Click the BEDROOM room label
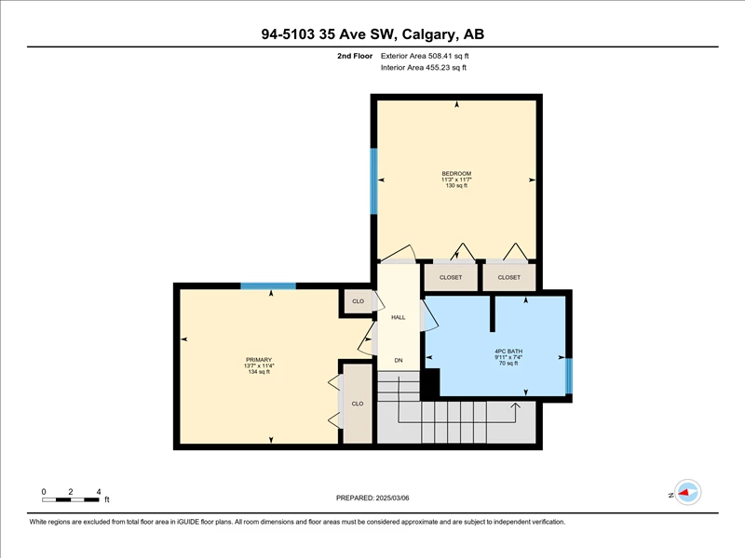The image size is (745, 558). pyautogui.click(x=456, y=174)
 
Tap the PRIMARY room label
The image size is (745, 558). pyautogui.click(x=259, y=360)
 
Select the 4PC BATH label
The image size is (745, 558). pyautogui.click(x=508, y=352)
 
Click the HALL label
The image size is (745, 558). pyautogui.click(x=399, y=317)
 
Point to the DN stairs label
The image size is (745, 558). pyautogui.click(x=399, y=360)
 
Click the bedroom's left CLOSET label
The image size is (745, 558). pyautogui.click(x=451, y=277)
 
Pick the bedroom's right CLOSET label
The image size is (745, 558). pyautogui.click(x=508, y=277)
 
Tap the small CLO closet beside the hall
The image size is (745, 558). pyautogui.click(x=358, y=301)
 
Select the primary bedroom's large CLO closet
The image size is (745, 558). pyautogui.click(x=358, y=404)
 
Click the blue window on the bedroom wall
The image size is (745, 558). pyautogui.click(x=374, y=181)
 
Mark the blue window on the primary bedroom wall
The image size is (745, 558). pyautogui.click(x=268, y=286)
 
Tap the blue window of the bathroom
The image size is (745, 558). pyautogui.click(x=569, y=377)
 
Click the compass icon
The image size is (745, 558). pyautogui.click(x=687, y=492)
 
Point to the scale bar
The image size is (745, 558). pyautogui.click(x=71, y=499)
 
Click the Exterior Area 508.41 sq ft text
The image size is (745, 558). pyautogui.click(x=425, y=56)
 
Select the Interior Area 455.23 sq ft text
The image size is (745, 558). pyautogui.click(x=424, y=68)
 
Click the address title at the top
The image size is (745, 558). pyautogui.click(x=372, y=34)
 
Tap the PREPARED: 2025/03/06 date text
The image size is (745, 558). pyautogui.click(x=372, y=498)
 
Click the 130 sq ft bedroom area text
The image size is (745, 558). pyautogui.click(x=456, y=185)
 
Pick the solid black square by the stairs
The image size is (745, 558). pyautogui.click(x=430, y=383)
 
